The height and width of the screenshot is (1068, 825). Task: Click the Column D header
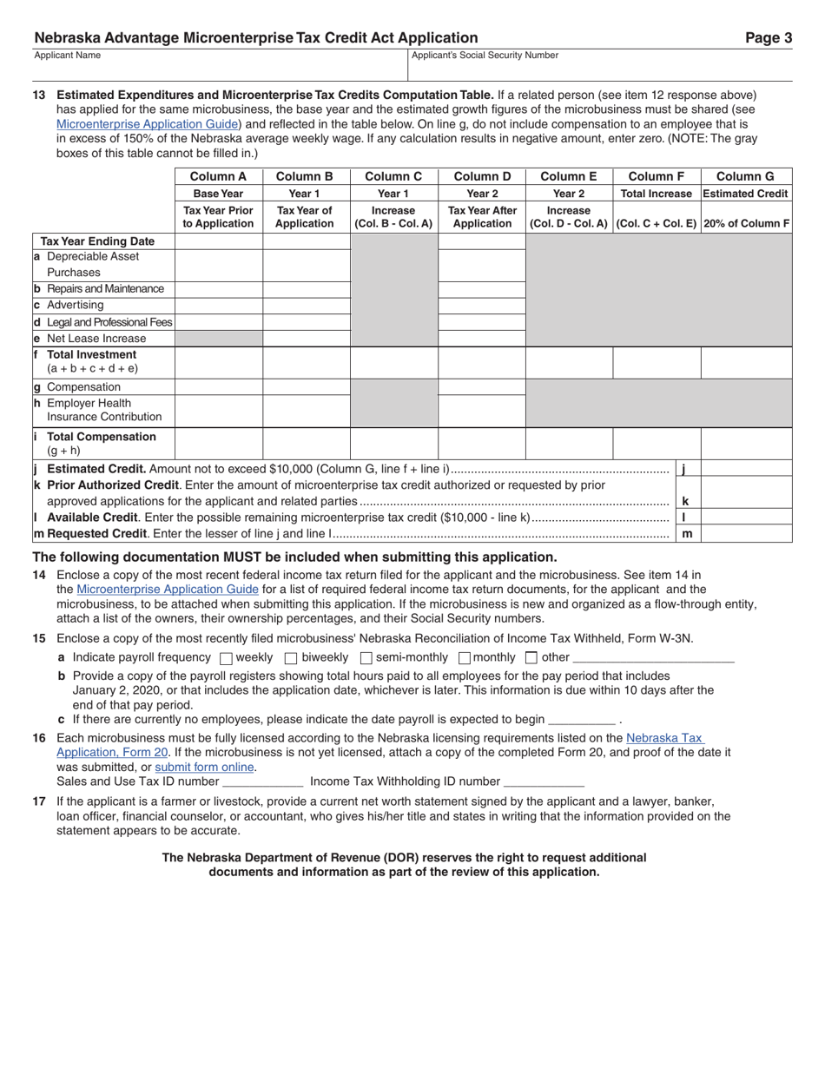click(x=482, y=176)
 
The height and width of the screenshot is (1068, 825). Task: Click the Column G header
click(x=745, y=176)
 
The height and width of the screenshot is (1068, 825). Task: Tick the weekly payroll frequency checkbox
click(x=227, y=658)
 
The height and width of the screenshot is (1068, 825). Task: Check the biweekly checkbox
click(x=291, y=658)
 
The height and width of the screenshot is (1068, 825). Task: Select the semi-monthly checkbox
click(x=366, y=658)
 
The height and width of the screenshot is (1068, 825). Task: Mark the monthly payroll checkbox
click(x=464, y=658)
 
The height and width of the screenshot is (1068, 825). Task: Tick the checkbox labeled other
click(x=531, y=658)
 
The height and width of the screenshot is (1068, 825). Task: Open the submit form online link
click(x=204, y=768)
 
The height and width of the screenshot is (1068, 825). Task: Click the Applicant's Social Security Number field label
click(x=485, y=56)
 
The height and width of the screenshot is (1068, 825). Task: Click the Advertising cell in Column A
click(x=219, y=306)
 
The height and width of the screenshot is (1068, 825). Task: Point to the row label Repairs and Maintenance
click(x=104, y=289)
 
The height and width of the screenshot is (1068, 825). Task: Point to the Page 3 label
click(x=769, y=38)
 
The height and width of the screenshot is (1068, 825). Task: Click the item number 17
click(x=39, y=801)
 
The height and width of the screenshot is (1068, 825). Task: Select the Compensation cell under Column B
click(x=306, y=387)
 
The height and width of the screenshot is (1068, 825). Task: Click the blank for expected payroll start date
click(x=582, y=720)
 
